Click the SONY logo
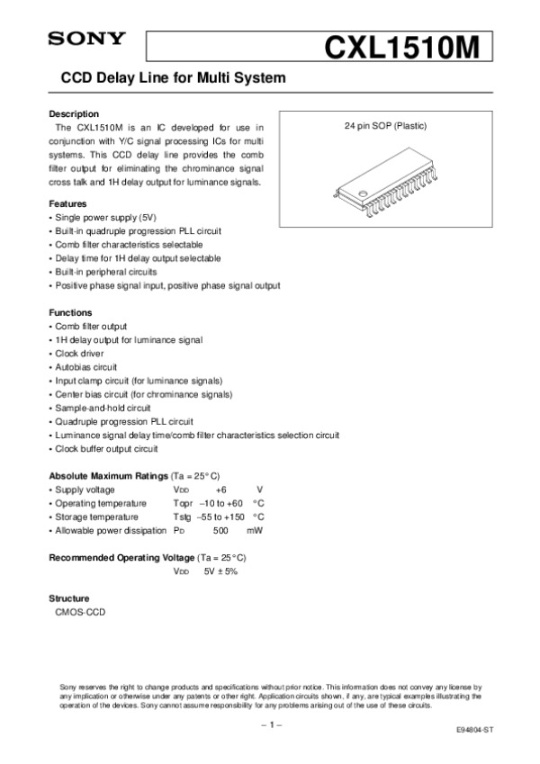(85, 39)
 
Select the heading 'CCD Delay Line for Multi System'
(172, 78)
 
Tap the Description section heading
(73, 114)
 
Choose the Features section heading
(67, 204)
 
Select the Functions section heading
(70, 312)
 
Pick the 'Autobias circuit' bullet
(86, 367)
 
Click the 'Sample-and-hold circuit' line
(103, 408)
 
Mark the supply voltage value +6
(222, 490)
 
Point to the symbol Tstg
(181, 517)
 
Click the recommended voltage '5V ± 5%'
(220, 571)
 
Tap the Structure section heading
(68, 598)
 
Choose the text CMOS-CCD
(80, 612)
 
